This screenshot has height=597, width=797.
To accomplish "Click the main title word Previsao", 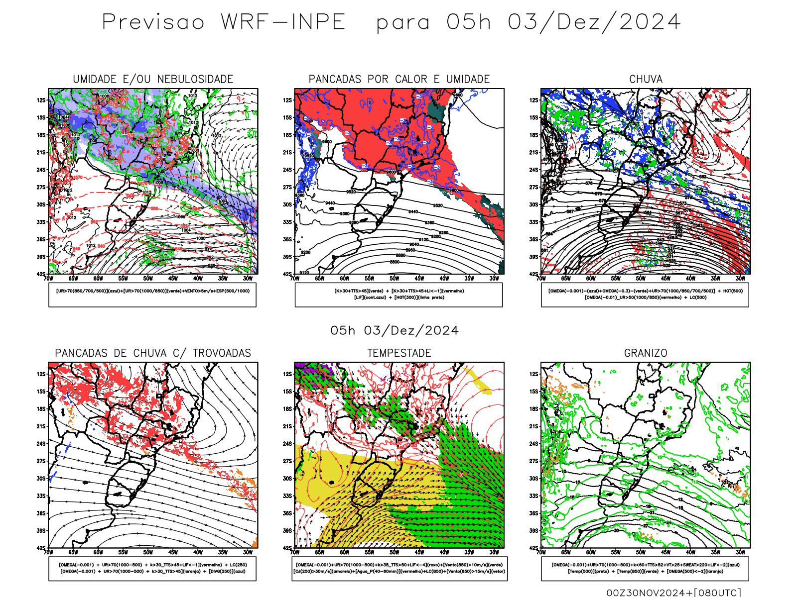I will click(x=153, y=22).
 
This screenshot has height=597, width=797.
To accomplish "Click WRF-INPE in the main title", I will click(x=283, y=22).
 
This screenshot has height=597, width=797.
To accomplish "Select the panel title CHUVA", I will click(x=646, y=79).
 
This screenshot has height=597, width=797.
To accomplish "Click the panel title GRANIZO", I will click(x=646, y=353).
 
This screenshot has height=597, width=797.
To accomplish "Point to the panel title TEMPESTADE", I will click(x=399, y=353).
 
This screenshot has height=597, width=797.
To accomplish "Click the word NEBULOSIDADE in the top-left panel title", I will click(x=195, y=79).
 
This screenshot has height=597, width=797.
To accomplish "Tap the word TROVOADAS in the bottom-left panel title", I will click(x=222, y=353).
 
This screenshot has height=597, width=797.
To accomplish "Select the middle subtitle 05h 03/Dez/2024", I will click(x=395, y=331).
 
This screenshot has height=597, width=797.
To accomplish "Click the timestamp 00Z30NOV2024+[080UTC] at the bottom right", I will click(x=673, y=593).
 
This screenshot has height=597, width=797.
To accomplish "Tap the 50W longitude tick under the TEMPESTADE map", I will click(x=394, y=552).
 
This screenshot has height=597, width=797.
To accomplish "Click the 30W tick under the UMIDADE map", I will click(x=248, y=279).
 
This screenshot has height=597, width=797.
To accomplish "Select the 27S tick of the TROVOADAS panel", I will click(x=41, y=461).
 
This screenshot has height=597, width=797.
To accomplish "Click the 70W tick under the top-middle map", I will click(x=295, y=279).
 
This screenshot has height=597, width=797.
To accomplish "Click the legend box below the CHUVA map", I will click(x=645, y=295).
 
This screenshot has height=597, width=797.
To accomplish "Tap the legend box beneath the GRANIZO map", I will click(x=645, y=568).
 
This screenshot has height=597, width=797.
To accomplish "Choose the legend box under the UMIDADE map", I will click(x=152, y=295).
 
